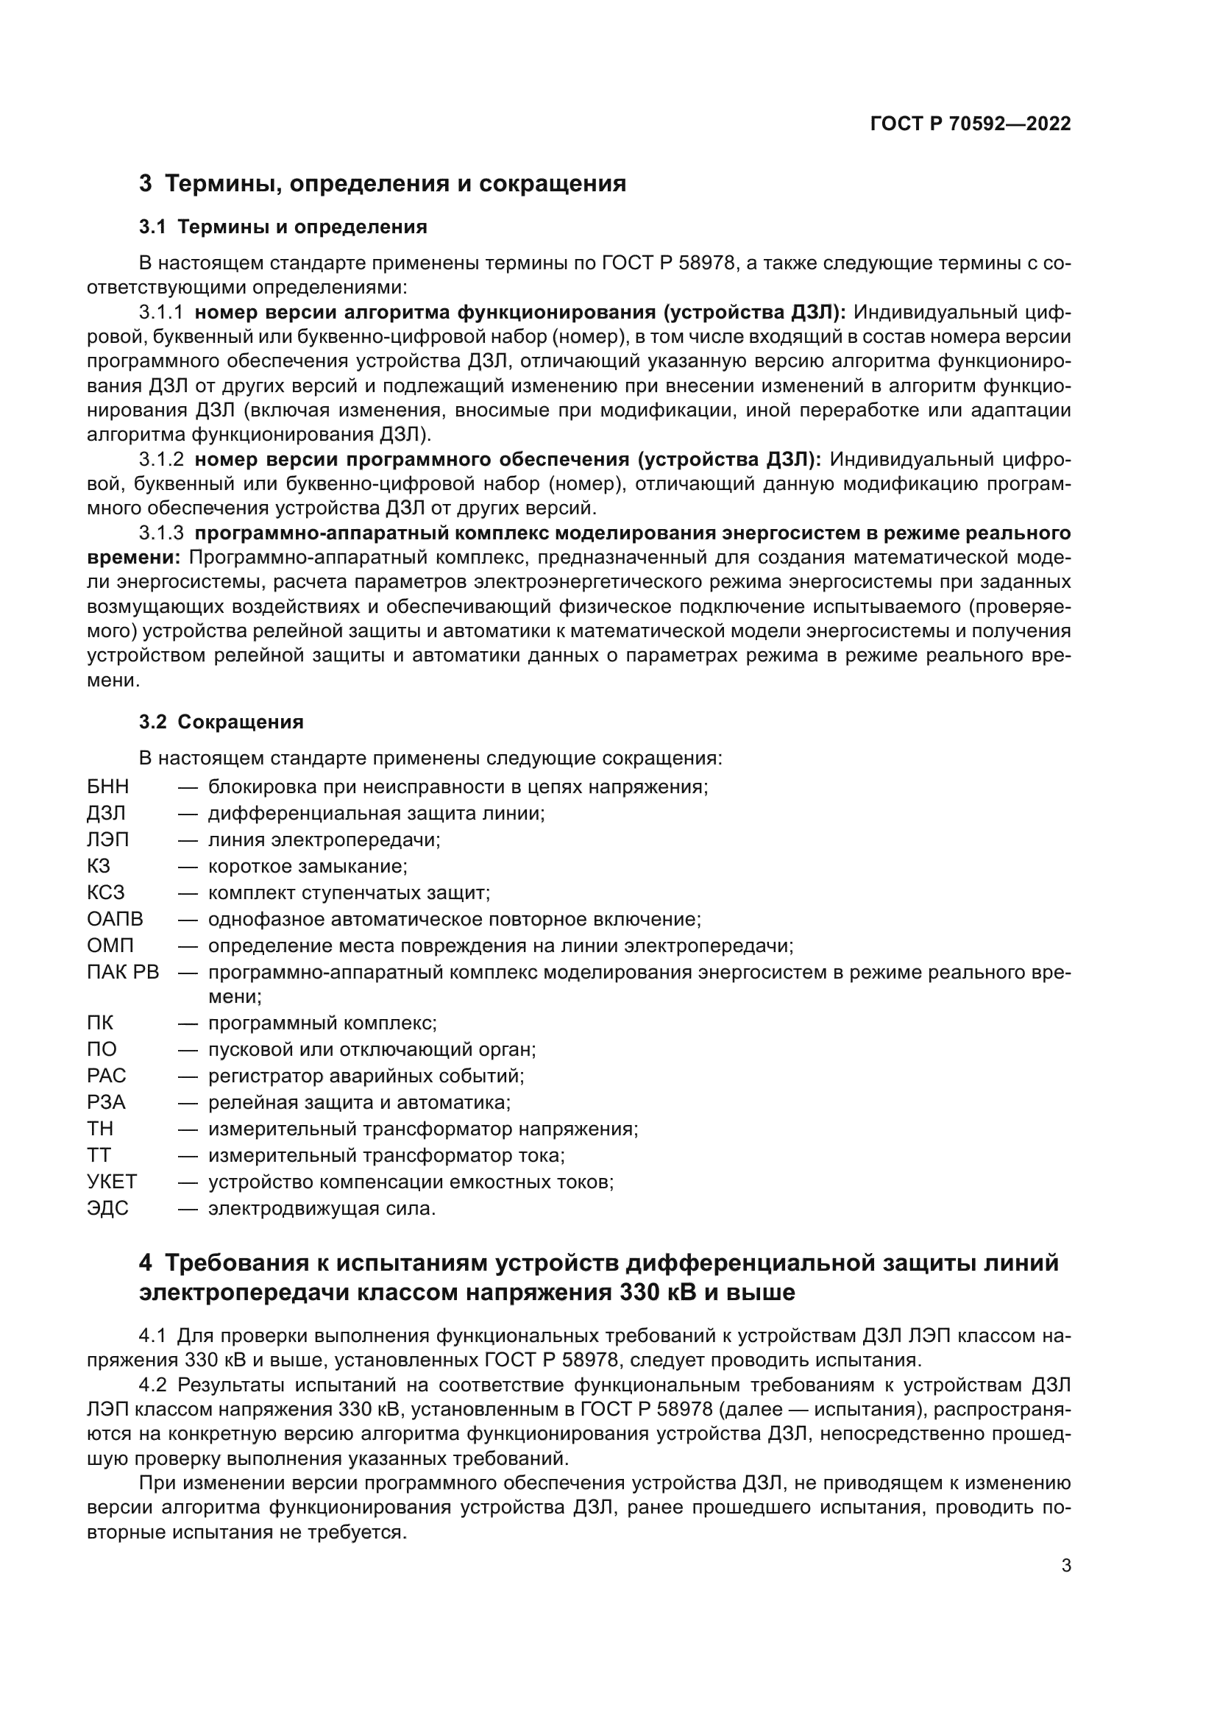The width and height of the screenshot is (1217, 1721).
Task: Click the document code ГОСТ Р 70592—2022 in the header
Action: [971, 124]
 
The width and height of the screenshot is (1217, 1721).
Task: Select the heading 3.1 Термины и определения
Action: [283, 227]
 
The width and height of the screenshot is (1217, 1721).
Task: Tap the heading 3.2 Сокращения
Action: [221, 722]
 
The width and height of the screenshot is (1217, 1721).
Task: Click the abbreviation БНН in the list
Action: [108, 787]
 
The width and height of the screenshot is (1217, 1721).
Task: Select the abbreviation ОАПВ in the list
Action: [115, 919]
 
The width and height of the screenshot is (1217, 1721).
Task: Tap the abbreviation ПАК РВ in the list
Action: [123, 972]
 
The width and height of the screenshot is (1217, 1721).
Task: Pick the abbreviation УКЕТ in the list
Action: [112, 1182]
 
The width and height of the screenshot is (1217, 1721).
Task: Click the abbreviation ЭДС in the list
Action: [108, 1208]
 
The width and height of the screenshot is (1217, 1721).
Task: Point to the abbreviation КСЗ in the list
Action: [106, 893]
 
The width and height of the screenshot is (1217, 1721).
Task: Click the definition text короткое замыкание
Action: [308, 867]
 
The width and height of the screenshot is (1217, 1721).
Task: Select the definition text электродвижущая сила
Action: [322, 1208]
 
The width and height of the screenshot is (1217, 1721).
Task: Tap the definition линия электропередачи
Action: [324, 840]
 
